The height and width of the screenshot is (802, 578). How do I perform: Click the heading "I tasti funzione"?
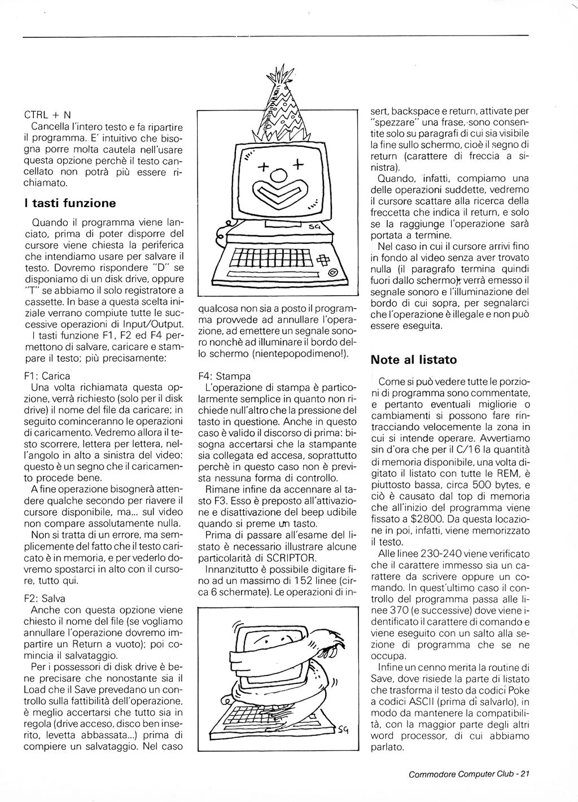tap(70, 203)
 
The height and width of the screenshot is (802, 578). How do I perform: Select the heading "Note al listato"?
tap(414, 360)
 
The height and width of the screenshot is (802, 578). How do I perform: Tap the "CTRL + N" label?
tap(48, 115)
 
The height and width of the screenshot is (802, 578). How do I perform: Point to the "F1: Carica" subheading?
tap(48, 376)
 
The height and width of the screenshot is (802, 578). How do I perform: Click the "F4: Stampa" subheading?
tap(225, 376)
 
